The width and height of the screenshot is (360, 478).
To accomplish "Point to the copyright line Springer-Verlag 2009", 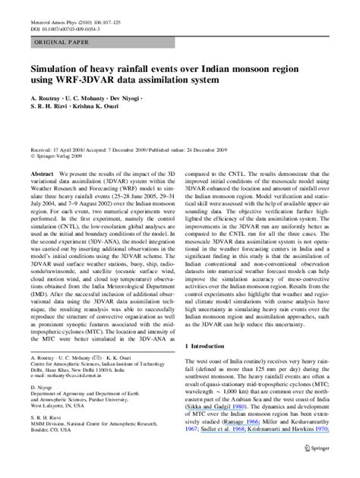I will [58, 158].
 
